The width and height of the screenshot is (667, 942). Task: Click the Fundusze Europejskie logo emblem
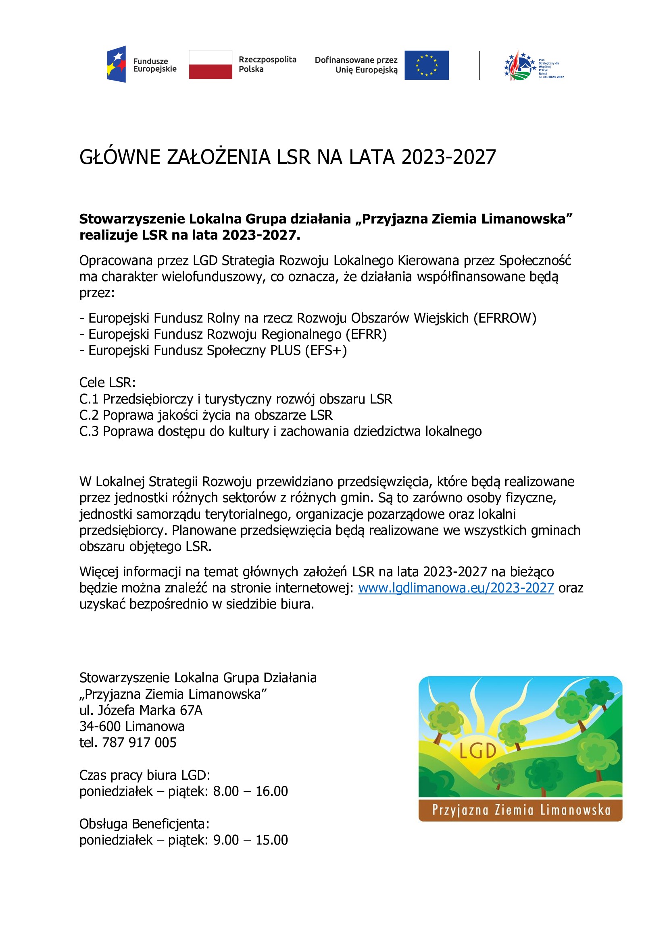[116, 64]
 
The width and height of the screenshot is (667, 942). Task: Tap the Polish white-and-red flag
[210, 64]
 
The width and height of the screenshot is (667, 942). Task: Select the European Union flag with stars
[426, 65]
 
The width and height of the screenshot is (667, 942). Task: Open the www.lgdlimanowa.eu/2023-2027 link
[456, 588]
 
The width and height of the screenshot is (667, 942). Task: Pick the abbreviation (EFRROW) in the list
[505, 318]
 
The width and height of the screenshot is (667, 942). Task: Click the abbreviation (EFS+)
[326, 350]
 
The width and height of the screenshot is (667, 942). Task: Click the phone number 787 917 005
[139, 743]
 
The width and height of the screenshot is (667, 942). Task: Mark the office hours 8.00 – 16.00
[250, 791]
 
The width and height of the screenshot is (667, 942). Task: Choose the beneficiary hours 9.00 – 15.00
[250, 840]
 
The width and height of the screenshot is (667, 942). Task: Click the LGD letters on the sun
[477, 751]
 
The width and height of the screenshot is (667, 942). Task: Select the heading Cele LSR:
[107, 382]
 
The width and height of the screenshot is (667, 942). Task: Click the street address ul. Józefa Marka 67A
[141, 710]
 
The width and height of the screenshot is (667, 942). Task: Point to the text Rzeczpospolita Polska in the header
[267, 64]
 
